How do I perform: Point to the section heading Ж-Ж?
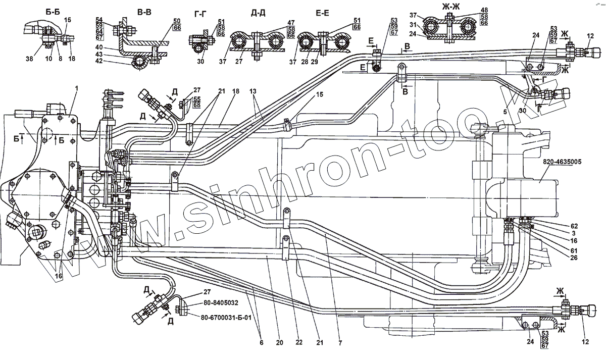click(x=446, y=9)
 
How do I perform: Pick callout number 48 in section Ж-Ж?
click(x=484, y=10)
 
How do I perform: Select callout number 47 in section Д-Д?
click(x=290, y=22)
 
